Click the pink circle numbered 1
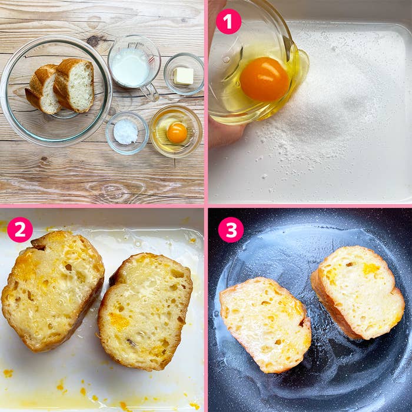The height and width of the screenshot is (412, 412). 228,21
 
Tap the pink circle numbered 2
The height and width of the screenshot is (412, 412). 19,230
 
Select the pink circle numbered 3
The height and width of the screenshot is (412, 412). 231,230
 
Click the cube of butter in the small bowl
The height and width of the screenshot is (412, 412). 184,75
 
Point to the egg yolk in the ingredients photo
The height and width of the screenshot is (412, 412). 177,132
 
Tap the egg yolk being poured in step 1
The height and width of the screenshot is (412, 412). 264,79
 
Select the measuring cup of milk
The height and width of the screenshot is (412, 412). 131,66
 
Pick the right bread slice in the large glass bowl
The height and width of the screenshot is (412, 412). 75,85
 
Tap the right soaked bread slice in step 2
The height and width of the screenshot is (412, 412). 145,310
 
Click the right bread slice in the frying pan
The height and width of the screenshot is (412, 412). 358,291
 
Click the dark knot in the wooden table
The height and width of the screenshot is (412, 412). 93,41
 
